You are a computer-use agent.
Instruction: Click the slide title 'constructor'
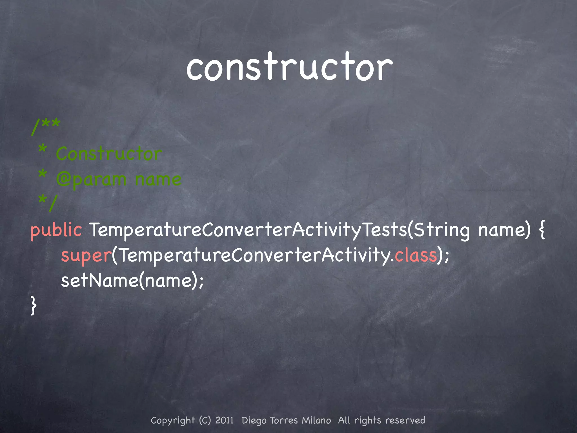pyautogui.click(x=289, y=68)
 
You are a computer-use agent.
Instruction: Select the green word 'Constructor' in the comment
pyautogui.click(x=109, y=154)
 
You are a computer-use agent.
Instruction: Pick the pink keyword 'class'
pyautogui.click(x=416, y=255)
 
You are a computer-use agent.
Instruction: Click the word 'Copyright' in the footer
pyautogui.click(x=173, y=421)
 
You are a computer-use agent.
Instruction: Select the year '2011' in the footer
pyautogui.click(x=225, y=420)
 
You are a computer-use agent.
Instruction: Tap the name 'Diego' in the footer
pyautogui.click(x=254, y=421)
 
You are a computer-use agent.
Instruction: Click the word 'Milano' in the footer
pyautogui.click(x=316, y=420)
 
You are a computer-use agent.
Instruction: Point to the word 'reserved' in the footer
pyautogui.click(x=405, y=420)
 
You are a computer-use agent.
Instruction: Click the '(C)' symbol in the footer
pyautogui.click(x=205, y=420)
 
